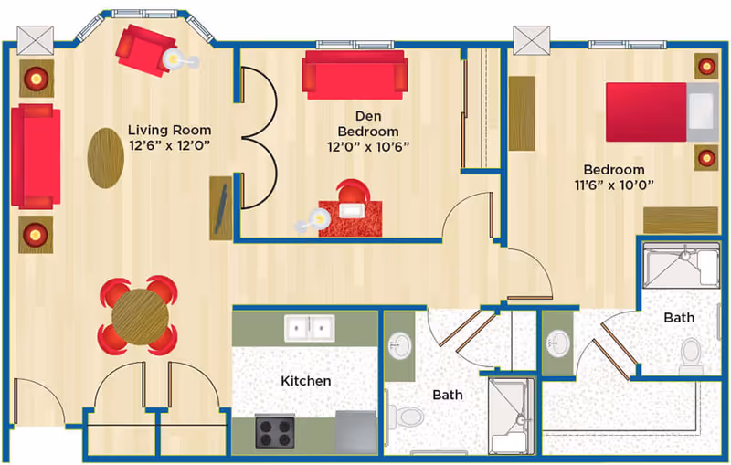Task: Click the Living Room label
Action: click(169, 129)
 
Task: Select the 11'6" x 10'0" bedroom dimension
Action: click(613, 185)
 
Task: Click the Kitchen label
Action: click(305, 380)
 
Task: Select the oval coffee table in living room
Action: click(105, 156)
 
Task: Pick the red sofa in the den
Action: click(355, 73)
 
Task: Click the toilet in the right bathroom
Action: click(693, 355)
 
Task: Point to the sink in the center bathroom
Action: click(399, 344)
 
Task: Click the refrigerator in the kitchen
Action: click(355, 430)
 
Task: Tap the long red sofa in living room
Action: click(35, 156)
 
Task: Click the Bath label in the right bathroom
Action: click(678, 318)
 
